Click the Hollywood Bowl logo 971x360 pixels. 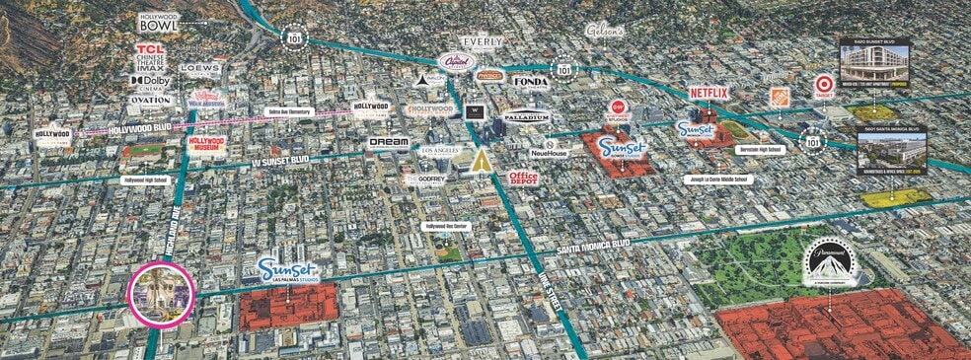[159, 22]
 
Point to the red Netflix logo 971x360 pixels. [708, 94]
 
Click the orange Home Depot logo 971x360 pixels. [779, 97]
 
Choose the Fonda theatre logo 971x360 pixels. [530, 82]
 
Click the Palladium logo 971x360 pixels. [525, 116]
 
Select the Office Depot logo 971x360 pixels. [524, 179]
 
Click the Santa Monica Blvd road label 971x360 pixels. [591, 247]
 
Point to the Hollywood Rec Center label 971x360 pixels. [446, 226]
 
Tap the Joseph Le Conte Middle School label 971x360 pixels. [716, 180]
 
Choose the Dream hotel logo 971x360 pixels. [388, 143]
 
